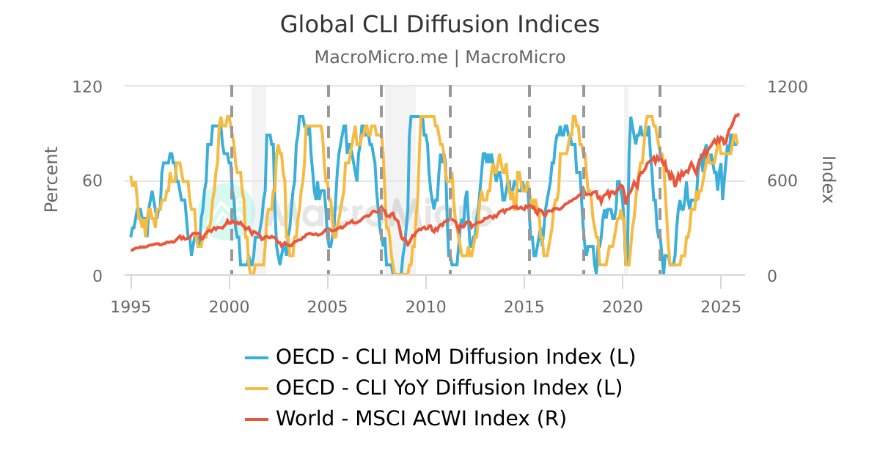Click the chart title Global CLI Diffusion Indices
coord(440,24)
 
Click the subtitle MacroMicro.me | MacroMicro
coord(440,57)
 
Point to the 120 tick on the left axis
coord(87,87)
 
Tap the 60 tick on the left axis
coord(92,181)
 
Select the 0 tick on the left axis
coord(98,276)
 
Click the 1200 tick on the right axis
coord(787,87)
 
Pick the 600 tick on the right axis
coord(782,181)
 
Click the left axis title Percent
coord(51,180)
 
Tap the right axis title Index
coord(827,180)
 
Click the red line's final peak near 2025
coord(738,114)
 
